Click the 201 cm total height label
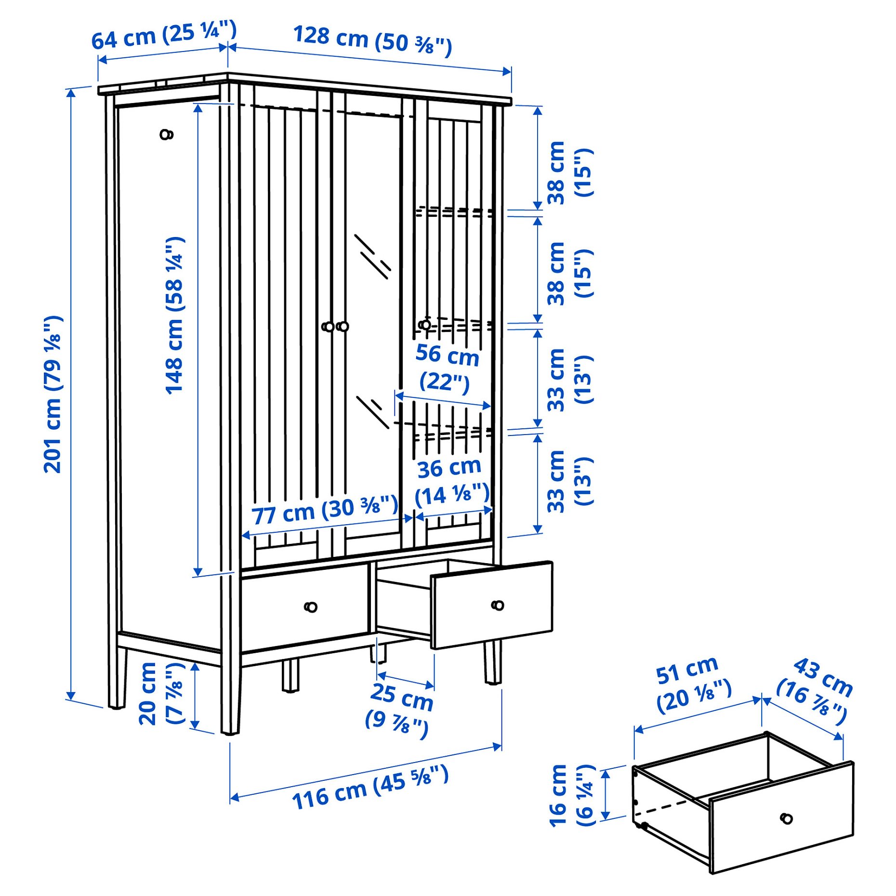(53, 394)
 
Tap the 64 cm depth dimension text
(164, 35)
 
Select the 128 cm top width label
(372, 40)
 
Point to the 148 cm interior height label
(174, 316)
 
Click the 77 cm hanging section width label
(325, 510)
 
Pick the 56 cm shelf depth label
(447, 368)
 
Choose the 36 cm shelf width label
(452, 482)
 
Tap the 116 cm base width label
(370, 787)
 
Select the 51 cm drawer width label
(693, 685)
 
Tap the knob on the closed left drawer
(311, 606)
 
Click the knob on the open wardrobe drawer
(498, 605)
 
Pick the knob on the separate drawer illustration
(786, 818)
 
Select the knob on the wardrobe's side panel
(167, 134)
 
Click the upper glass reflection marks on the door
(372, 256)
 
